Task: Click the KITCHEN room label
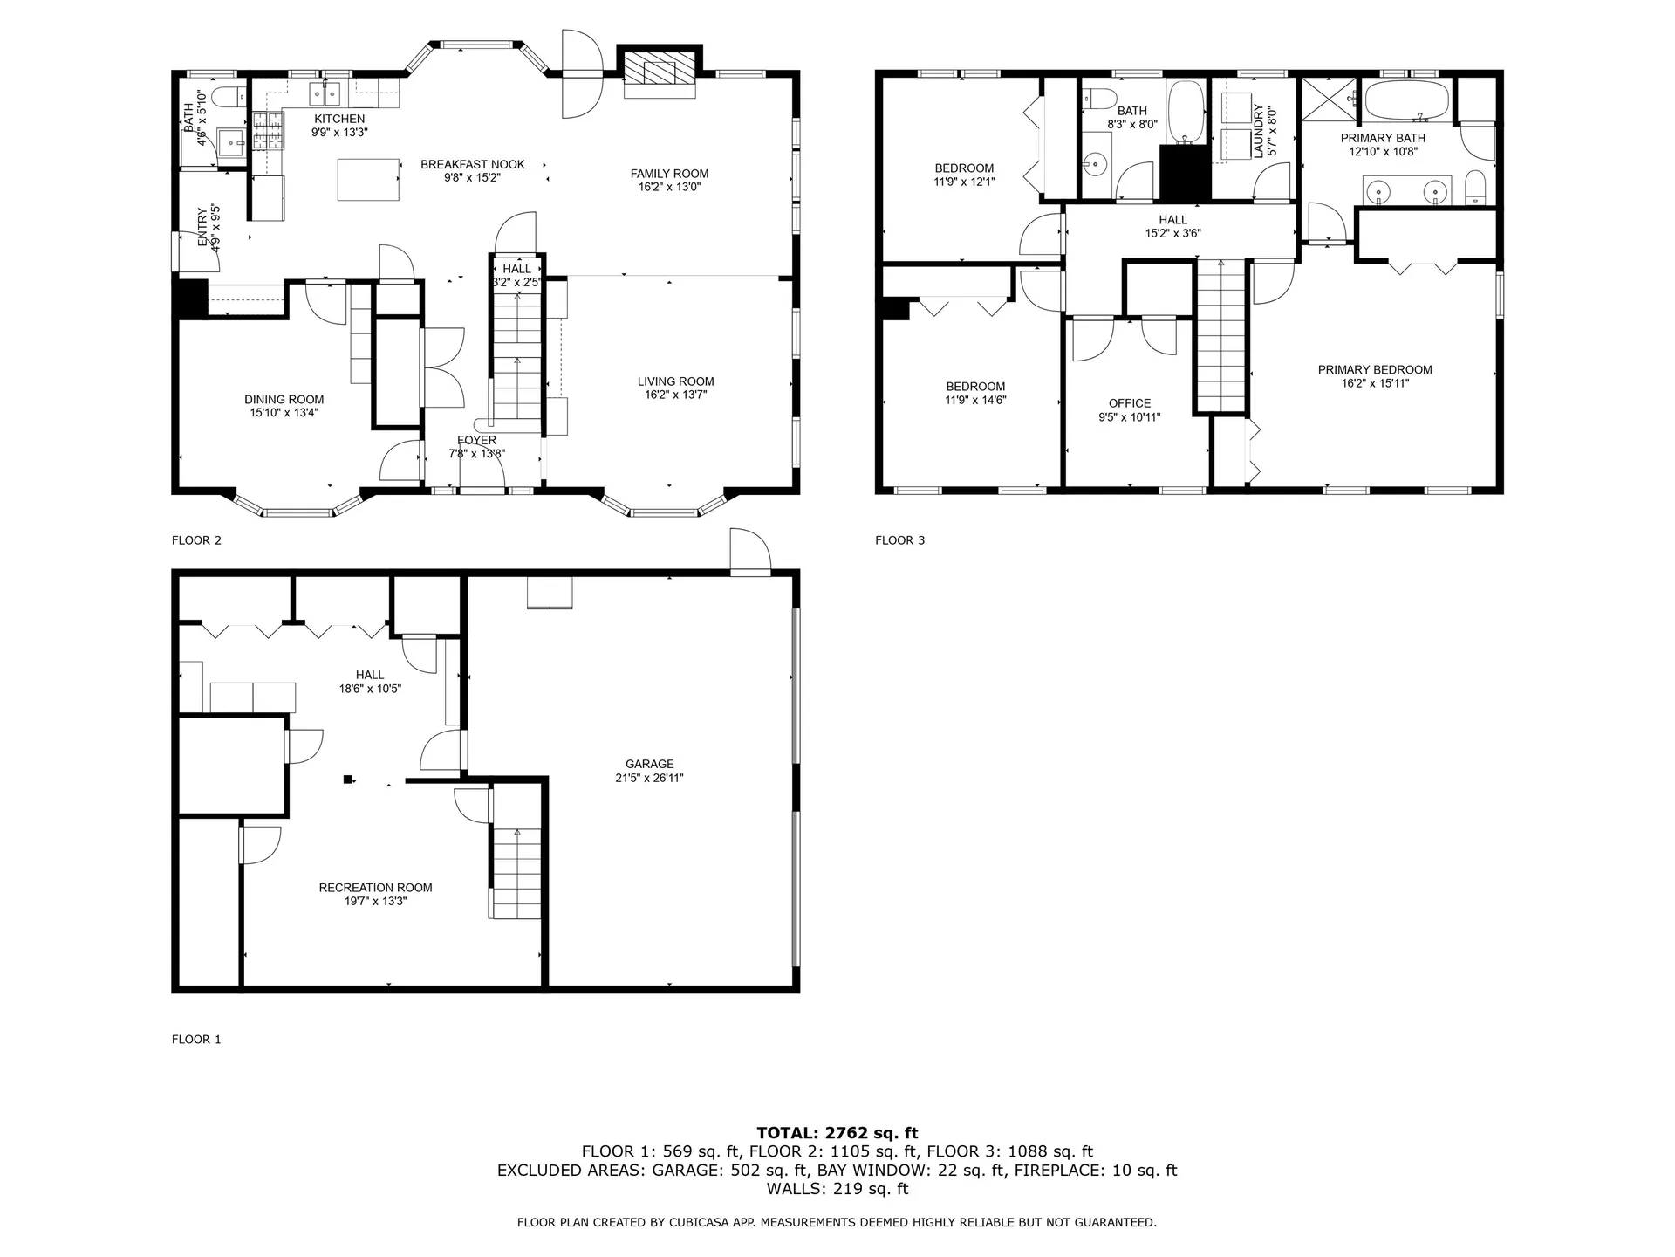(339, 119)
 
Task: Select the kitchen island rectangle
(369, 179)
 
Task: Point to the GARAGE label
(649, 764)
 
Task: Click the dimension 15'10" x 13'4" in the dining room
(284, 413)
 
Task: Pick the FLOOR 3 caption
(899, 540)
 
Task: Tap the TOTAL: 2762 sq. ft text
(837, 1133)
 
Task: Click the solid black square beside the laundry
(1185, 172)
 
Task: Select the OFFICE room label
(1129, 403)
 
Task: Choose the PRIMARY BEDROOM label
(1375, 369)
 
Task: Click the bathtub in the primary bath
(1406, 101)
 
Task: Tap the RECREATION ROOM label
(375, 888)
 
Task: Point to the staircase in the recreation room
(517, 872)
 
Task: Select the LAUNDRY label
(1258, 131)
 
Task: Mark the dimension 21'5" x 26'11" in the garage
(649, 778)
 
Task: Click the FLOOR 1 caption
(196, 1040)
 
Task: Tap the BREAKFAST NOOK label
(473, 164)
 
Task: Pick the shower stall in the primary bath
(1330, 101)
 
